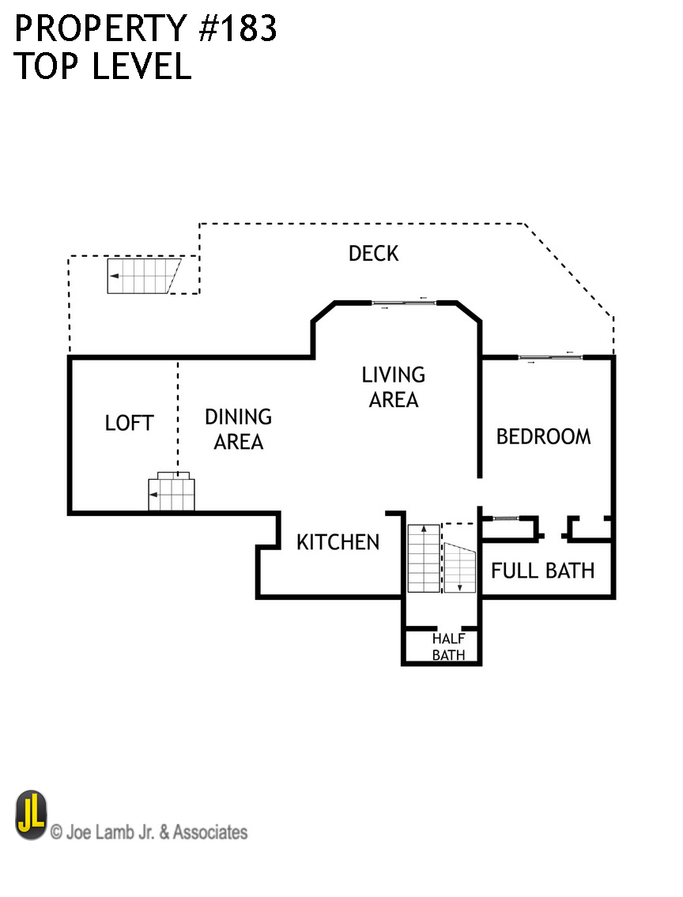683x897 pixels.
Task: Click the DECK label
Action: (373, 254)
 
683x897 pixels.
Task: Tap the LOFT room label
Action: (129, 423)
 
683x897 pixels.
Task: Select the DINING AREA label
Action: (238, 429)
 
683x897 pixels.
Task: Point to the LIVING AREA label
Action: (393, 387)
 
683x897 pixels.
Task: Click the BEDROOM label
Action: (543, 436)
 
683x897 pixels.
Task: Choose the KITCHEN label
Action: (338, 542)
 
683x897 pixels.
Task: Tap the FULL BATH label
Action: (542, 570)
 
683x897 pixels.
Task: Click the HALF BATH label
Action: (447, 646)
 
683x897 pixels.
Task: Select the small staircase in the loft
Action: (172, 493)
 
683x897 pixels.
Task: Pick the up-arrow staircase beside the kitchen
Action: (424, 558)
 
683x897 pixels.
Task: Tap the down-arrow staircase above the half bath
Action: (458, 567)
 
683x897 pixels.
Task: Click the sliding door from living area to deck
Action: (404, 303)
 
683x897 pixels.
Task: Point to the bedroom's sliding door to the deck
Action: (550, 358)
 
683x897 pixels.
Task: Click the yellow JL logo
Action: (31, 815)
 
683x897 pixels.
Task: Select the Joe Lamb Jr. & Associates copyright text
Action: (149, 832)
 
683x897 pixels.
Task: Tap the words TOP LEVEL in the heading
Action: (103, 67)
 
